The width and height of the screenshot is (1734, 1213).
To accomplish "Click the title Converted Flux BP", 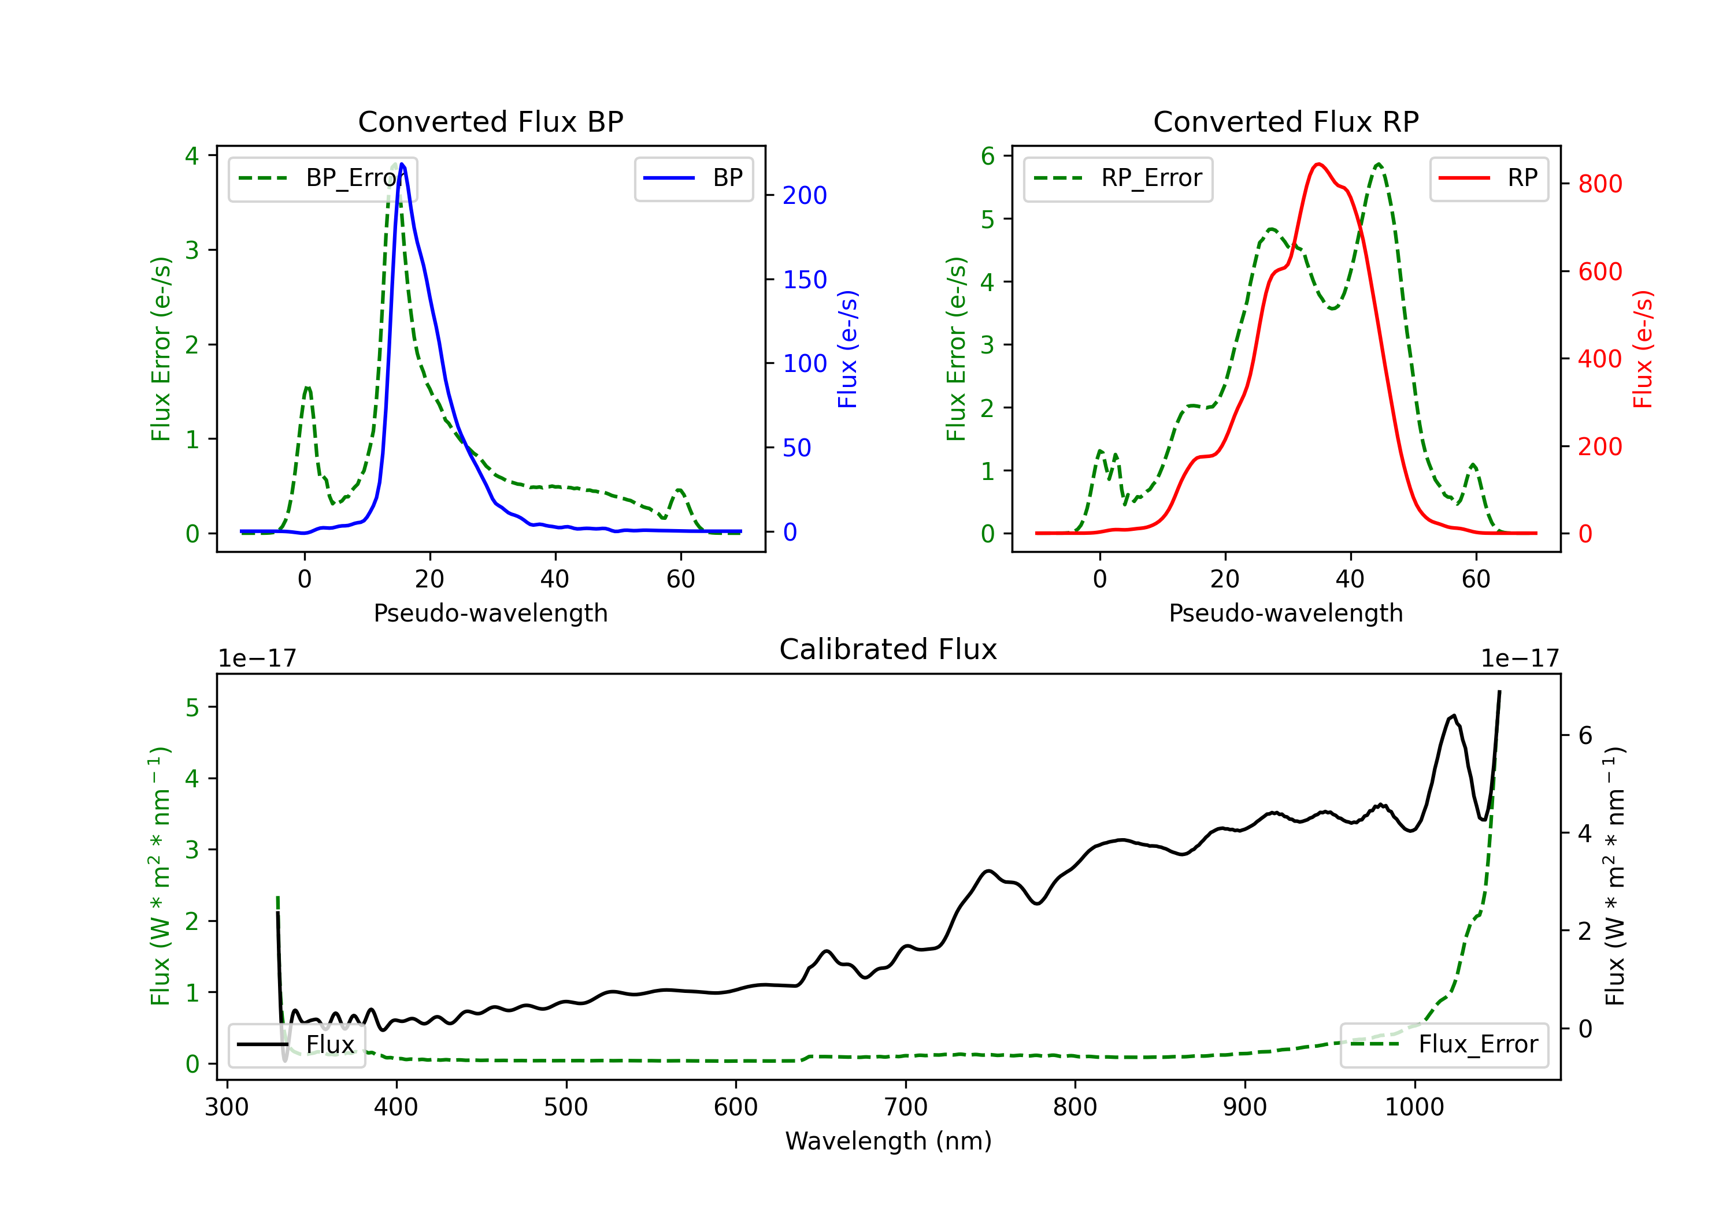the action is click(x=490, y=121).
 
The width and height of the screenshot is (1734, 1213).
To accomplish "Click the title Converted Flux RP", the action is click(x=1285, y=121).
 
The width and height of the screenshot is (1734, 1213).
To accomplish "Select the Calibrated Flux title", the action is click(x=888, y=649).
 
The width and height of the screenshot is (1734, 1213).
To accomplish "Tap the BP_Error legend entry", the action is click(x=323, y=178).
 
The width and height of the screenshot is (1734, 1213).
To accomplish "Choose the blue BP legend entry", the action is click(x=693, y=178).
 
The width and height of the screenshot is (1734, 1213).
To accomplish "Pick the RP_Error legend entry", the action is click(x=1118, y=178).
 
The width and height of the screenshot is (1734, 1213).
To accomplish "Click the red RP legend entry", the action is click(x=1488, y=178).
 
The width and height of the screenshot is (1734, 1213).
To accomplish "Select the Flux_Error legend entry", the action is click(x=1444, y=1045).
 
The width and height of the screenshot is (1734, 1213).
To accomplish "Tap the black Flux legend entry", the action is click(x=296, y=1045).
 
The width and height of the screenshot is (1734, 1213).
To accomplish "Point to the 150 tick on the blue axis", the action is click(x=805, y=280).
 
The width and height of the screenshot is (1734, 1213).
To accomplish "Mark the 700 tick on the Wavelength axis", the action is click(x=906, y=1107).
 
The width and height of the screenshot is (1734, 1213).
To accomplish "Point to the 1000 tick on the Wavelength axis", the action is click(x=1414, y=1107).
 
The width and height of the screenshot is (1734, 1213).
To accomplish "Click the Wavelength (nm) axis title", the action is click(x=888, y=1141).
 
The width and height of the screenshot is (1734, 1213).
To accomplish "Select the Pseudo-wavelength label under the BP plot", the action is click(x=491, y=613).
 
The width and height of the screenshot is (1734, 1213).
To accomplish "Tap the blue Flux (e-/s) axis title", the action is click(x=848, y=349).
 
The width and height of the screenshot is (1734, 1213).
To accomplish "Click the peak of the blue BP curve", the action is click(x=402, y=164).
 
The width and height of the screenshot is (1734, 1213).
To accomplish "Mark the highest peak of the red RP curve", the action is click(x=1318, y=164).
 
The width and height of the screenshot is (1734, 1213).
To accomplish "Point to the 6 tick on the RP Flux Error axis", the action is click(x=988, y=157).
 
